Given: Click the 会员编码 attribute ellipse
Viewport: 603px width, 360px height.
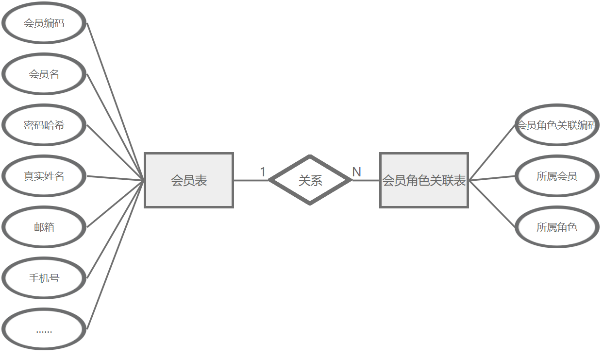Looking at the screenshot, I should click(x=44, y=23).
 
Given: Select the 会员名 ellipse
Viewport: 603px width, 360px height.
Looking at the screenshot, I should click(x=44, y=74).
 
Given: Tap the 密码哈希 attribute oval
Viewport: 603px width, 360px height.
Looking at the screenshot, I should click(x=44, y=125).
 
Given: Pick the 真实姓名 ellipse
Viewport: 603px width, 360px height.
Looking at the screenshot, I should click(x=44, y=176).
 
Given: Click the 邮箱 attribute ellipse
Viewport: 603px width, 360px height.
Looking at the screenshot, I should click(x=44, y=227).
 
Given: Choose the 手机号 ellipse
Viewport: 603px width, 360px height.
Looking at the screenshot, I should click(x=44, y=278).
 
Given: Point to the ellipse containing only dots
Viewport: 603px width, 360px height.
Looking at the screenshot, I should click(x=44, y=329).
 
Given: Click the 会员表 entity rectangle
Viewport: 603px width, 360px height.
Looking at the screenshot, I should click(x=189, y=180).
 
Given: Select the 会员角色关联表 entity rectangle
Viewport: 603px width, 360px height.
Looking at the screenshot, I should click(x=424, y=180).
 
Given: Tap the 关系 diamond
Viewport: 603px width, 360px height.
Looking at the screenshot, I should click(x=310, y=180).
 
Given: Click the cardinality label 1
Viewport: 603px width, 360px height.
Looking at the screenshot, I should click(x=263, y=172).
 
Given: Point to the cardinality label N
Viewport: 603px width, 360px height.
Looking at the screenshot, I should click(x=356, y=172).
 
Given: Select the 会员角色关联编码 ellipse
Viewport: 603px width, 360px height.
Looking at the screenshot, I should click(x=556, y=125).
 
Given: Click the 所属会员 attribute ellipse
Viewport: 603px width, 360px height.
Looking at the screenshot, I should click(x=556, y=176).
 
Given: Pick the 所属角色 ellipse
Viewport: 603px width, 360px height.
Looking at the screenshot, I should click(x=556, y=227).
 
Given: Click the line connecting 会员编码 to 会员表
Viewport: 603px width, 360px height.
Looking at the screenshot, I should click(x=116, y=101).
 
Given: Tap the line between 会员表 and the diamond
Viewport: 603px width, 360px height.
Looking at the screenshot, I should click(x=251, y=180).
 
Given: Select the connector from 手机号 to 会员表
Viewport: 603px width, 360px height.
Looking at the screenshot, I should click(x=116, y=229).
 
